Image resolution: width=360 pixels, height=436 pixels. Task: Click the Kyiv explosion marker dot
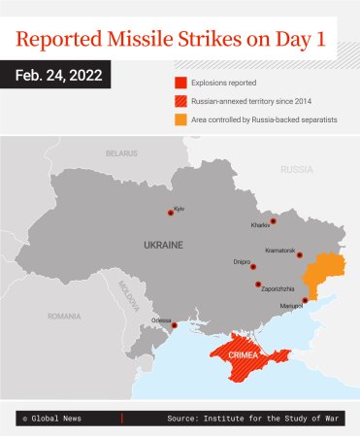point(171,212)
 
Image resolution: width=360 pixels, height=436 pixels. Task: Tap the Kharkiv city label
point(261,225)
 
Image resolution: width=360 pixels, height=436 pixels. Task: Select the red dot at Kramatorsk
point(300,255)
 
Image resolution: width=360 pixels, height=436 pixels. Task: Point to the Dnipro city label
point(242,260)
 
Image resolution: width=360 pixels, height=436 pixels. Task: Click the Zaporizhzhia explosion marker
point(258,285)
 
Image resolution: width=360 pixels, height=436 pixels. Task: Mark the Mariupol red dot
point(305,300)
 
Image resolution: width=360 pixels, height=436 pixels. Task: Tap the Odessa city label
point(161,319)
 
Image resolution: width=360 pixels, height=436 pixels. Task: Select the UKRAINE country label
point(162,245)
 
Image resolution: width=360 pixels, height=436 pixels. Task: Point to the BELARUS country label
point(121,153)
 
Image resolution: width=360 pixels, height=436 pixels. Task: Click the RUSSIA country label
point(296,169)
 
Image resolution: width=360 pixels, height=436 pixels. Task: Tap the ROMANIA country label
point(64,316)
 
